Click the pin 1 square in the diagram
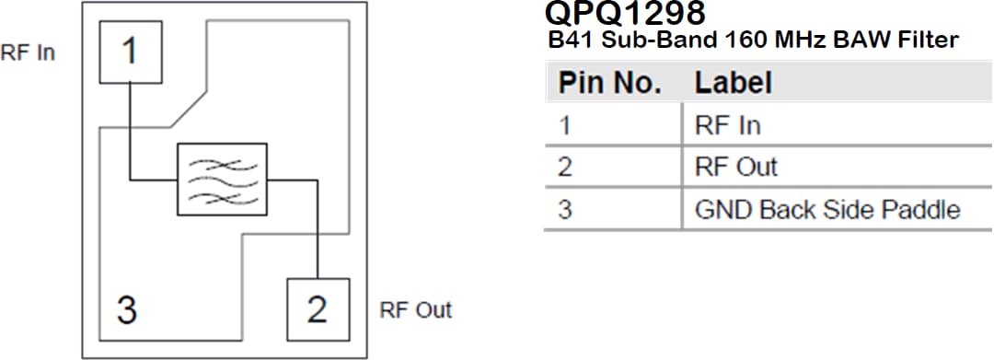(130, 52)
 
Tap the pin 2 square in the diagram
(318, 310)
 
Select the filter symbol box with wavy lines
(221, 180)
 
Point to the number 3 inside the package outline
(127, 310)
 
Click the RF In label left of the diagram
(29, 52)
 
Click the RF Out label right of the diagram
(416, 310)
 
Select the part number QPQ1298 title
(625, 14)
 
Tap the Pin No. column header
(609, 83)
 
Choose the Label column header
(733, 83)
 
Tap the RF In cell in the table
(728, 125)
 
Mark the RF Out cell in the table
(736, 168)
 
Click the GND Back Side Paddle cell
(827, 210)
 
